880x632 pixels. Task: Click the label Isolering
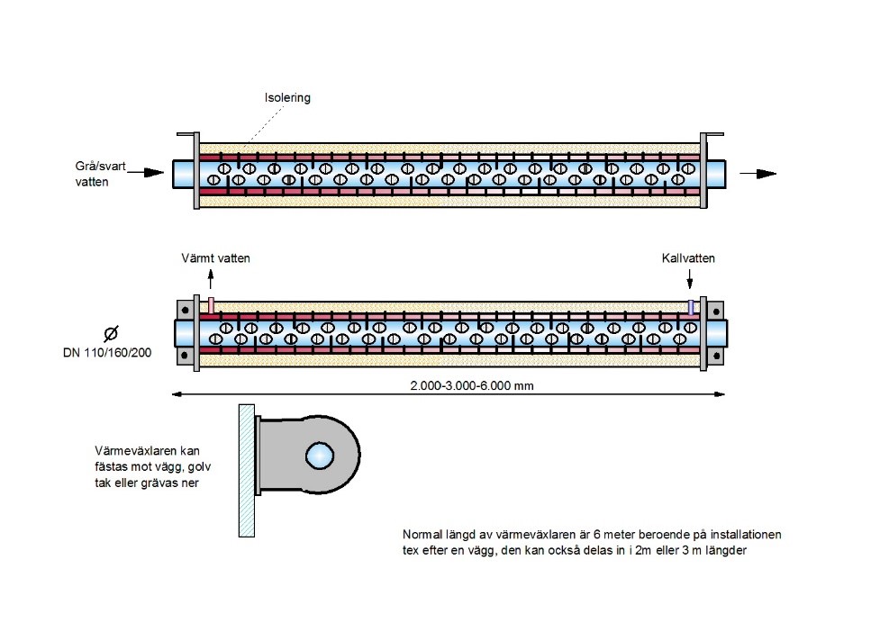click(x=287, y=98)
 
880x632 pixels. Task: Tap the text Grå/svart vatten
click(x=106, y=174)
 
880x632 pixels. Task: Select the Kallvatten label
click(x=688, y=258)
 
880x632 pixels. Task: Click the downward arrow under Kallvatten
click(x=691, y=280)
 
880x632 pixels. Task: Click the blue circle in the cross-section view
click(x=318, y=456)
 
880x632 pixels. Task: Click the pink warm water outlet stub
click(x=211, y=306)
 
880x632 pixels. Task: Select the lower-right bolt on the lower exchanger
click(x=716, y=355)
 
